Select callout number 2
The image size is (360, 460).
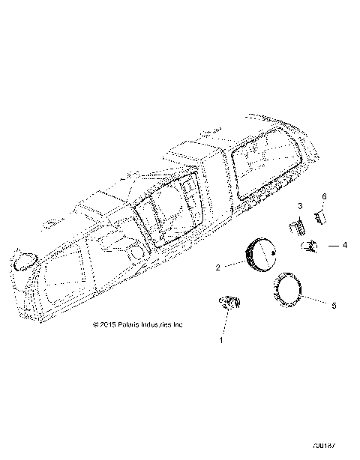[x=218, y=266]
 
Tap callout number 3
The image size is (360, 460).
[x=300, y=205]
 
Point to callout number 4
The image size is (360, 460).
[x=345, y=244]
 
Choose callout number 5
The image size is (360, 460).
[x=334, y=305]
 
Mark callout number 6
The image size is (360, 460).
[x=325, y=196]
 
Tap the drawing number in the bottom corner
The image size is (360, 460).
[x=341, y=447]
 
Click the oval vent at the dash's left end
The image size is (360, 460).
[x=25, y=260]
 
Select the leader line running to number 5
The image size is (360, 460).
[x=316, y=300]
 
